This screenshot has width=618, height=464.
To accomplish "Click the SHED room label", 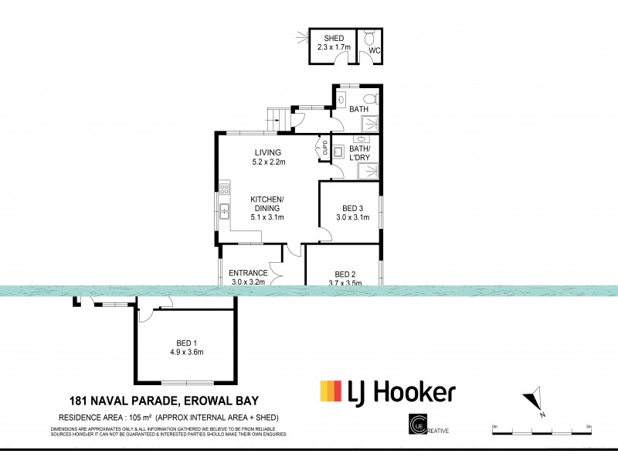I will [x=334, y=38].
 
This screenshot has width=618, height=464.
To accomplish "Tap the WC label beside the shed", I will [x=374, y=51].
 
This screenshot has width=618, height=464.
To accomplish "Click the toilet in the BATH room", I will [x=370, y=98].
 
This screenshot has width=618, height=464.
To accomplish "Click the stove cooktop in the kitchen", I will [x=225, y=188].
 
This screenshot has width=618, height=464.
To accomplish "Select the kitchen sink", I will [x=224, y=210].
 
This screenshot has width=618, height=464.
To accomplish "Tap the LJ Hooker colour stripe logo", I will [x=331, y=392].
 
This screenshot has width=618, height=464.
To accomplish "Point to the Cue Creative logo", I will [x=418, y=426].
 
